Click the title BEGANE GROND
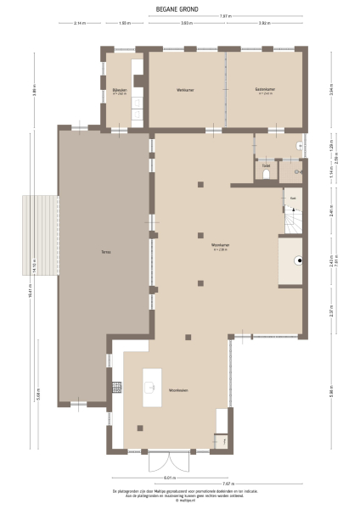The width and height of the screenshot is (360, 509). (179, 9)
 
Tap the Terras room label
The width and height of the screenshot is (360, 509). (107, 253)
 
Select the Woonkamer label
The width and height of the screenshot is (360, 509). (223, 247)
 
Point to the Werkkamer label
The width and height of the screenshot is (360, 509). (186, 90)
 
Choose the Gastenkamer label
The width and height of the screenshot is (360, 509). (265, 90)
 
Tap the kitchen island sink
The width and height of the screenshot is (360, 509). (149, 389)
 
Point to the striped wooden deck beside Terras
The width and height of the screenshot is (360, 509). (39, 234)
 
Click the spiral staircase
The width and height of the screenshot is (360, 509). (292, 222)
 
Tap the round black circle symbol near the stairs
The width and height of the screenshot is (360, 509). (297, 260)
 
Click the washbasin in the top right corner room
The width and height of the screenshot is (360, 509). (295, 146)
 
